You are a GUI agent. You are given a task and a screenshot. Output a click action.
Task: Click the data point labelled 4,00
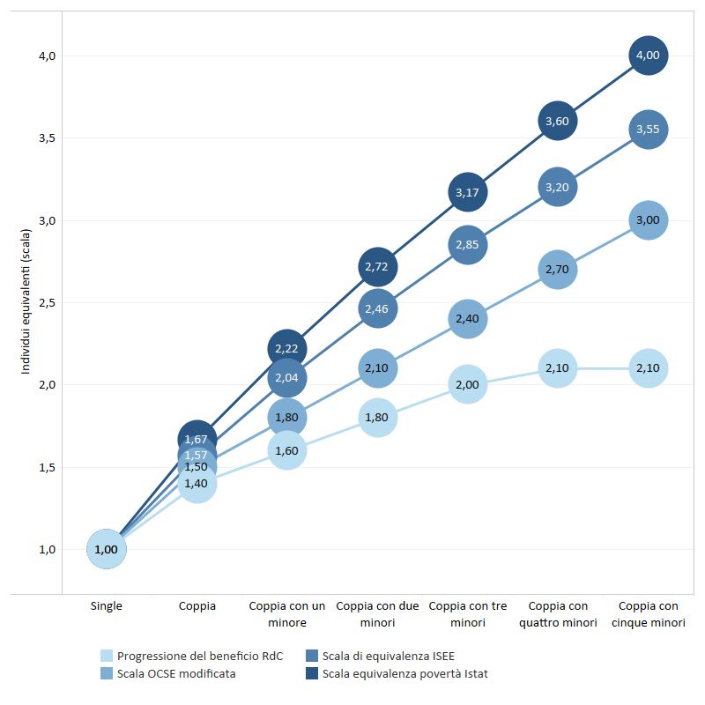648,56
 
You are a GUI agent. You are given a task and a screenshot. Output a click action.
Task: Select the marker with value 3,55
648,130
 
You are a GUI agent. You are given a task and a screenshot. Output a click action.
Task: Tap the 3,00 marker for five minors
648,220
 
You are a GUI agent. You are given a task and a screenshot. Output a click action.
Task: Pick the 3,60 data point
557,122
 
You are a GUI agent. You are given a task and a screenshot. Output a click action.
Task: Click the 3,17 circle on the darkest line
467,192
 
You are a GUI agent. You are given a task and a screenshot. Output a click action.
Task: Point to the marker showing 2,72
377,266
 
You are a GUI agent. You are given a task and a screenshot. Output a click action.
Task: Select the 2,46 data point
377,308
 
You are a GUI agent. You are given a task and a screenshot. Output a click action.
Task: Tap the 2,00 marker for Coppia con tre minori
467,384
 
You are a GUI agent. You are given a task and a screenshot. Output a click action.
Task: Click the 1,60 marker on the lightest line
287,450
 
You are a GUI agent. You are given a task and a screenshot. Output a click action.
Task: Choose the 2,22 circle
287,348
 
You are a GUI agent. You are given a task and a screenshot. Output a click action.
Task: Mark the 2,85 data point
467,244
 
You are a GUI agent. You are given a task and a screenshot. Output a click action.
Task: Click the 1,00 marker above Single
107,549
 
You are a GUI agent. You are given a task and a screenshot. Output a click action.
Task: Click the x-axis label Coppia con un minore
287,614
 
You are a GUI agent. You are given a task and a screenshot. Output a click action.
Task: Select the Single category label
107,606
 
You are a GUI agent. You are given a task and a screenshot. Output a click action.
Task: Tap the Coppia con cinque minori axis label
648,614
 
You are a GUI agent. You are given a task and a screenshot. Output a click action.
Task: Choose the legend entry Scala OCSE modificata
176,674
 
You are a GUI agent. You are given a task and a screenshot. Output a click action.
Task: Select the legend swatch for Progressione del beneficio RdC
107,656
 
